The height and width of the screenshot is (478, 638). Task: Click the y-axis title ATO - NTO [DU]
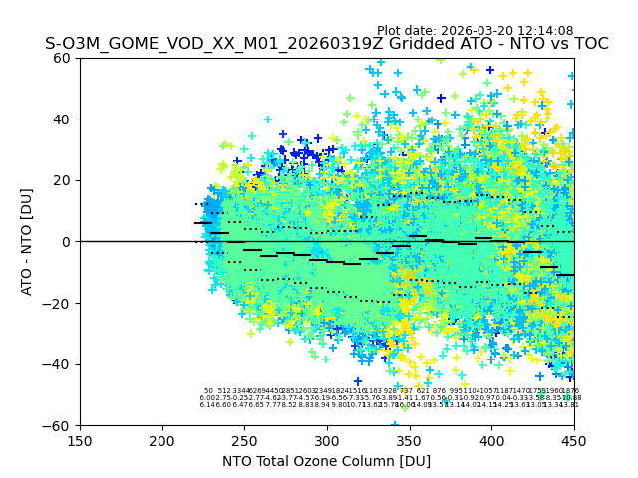(27, 242)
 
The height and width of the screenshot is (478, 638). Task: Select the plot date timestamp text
(488, 31)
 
